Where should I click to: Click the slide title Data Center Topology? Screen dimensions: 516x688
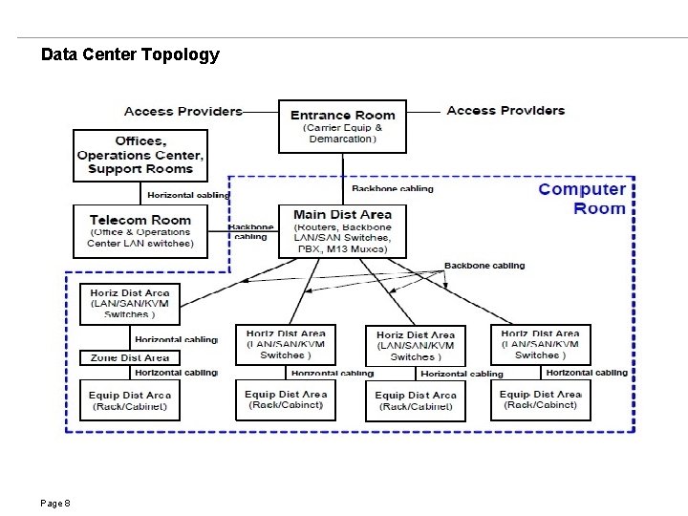130,54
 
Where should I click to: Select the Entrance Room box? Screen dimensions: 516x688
342,126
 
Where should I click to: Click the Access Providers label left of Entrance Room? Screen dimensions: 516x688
183,111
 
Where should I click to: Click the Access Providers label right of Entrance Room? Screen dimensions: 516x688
505,111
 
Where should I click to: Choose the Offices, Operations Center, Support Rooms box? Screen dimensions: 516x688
140,155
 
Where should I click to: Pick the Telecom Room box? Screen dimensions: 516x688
140,231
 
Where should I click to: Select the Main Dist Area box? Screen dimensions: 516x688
342,231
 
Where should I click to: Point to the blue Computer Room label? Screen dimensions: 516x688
582,199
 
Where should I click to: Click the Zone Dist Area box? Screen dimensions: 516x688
129,357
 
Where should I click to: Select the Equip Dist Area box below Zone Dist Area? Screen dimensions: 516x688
129,400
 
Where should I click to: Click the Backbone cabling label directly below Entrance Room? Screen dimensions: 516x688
392,189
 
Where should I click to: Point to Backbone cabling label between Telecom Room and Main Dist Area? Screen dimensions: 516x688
252,232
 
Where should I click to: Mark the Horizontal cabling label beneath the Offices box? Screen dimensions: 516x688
188,196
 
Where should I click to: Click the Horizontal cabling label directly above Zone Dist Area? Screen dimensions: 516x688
176,339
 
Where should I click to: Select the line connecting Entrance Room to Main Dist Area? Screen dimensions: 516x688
342,179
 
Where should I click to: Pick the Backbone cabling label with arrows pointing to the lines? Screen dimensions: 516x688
484,266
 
